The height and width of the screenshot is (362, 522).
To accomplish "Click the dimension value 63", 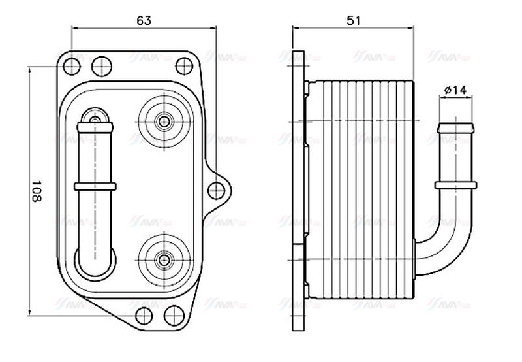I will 144,20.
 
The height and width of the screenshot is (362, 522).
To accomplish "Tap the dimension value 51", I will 353,20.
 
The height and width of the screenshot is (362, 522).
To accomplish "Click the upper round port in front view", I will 162,121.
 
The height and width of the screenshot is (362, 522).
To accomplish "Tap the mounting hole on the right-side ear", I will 216,190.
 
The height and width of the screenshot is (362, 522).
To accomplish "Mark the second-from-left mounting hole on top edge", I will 100,65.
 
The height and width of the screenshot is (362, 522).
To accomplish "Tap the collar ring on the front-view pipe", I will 95,187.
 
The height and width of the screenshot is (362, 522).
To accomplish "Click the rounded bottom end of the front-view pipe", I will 95,261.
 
